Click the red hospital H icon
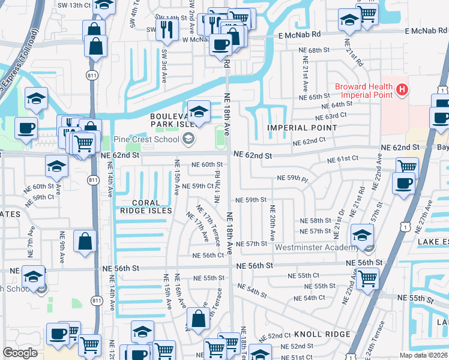(x=402, y=91)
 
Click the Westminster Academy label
(x=321, y=247)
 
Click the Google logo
(x=20, y=353)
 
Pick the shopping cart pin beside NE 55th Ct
(x=367, y=278)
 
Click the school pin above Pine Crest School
(x=199, y=111)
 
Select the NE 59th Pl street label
(x=292, y=178)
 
